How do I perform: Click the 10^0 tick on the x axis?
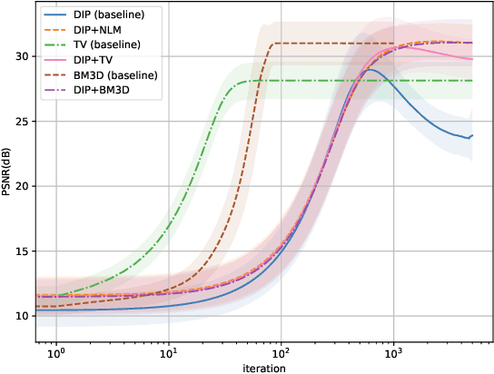pyautogui.click(x=56, y=352)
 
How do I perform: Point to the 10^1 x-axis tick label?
pyautogui.click(x=169, y=352)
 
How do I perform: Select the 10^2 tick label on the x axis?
pyautogui.click(x=282, y=352)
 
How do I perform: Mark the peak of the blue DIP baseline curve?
pyautogui.click(x=370, y=69)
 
